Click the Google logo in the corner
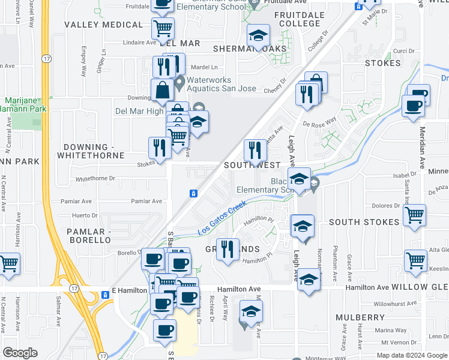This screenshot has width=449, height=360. pos(20,353)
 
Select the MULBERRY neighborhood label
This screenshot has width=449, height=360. pos(360,317)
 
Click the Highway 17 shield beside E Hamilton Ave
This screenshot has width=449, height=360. pos(105,292)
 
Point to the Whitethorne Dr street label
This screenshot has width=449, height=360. pos(95,179)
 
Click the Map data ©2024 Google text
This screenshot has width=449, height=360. pos(411,355)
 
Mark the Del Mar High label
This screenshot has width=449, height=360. pos(139,111)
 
